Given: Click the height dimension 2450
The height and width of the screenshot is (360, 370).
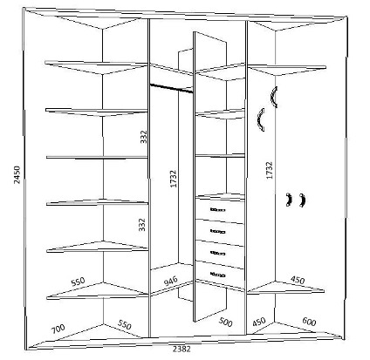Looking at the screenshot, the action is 17,174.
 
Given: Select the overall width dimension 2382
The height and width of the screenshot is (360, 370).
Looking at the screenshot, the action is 182,349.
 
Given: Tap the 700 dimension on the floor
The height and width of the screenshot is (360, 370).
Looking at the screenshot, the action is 58,329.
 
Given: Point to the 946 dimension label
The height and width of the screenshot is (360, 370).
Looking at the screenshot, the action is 171,281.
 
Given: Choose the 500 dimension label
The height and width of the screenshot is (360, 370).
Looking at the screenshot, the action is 226,322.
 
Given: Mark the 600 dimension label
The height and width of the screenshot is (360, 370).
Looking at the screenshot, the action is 309,322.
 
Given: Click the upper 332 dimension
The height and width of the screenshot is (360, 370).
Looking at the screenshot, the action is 144,137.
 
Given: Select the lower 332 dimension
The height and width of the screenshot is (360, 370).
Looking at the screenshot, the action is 141,225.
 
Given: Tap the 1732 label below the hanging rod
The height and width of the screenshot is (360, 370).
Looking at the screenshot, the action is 174,179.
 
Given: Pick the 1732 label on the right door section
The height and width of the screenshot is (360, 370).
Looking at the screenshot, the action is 270,170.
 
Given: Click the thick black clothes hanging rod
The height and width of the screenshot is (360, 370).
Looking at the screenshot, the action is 171,88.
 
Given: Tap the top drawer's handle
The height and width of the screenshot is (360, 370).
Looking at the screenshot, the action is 218,209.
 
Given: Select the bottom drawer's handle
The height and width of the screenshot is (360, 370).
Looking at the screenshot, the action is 218,275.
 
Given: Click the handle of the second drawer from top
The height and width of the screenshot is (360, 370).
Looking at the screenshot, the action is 218,232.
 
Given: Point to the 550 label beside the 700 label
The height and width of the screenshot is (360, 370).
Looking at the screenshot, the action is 125,324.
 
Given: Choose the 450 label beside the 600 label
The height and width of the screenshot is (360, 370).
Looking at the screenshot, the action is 259,322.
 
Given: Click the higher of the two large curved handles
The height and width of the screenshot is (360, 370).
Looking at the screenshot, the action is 273,97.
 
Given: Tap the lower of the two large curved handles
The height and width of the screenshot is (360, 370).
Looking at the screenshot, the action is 259,120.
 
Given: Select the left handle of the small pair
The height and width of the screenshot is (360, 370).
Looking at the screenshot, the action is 289,200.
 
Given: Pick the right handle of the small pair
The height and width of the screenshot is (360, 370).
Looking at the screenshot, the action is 303,200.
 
